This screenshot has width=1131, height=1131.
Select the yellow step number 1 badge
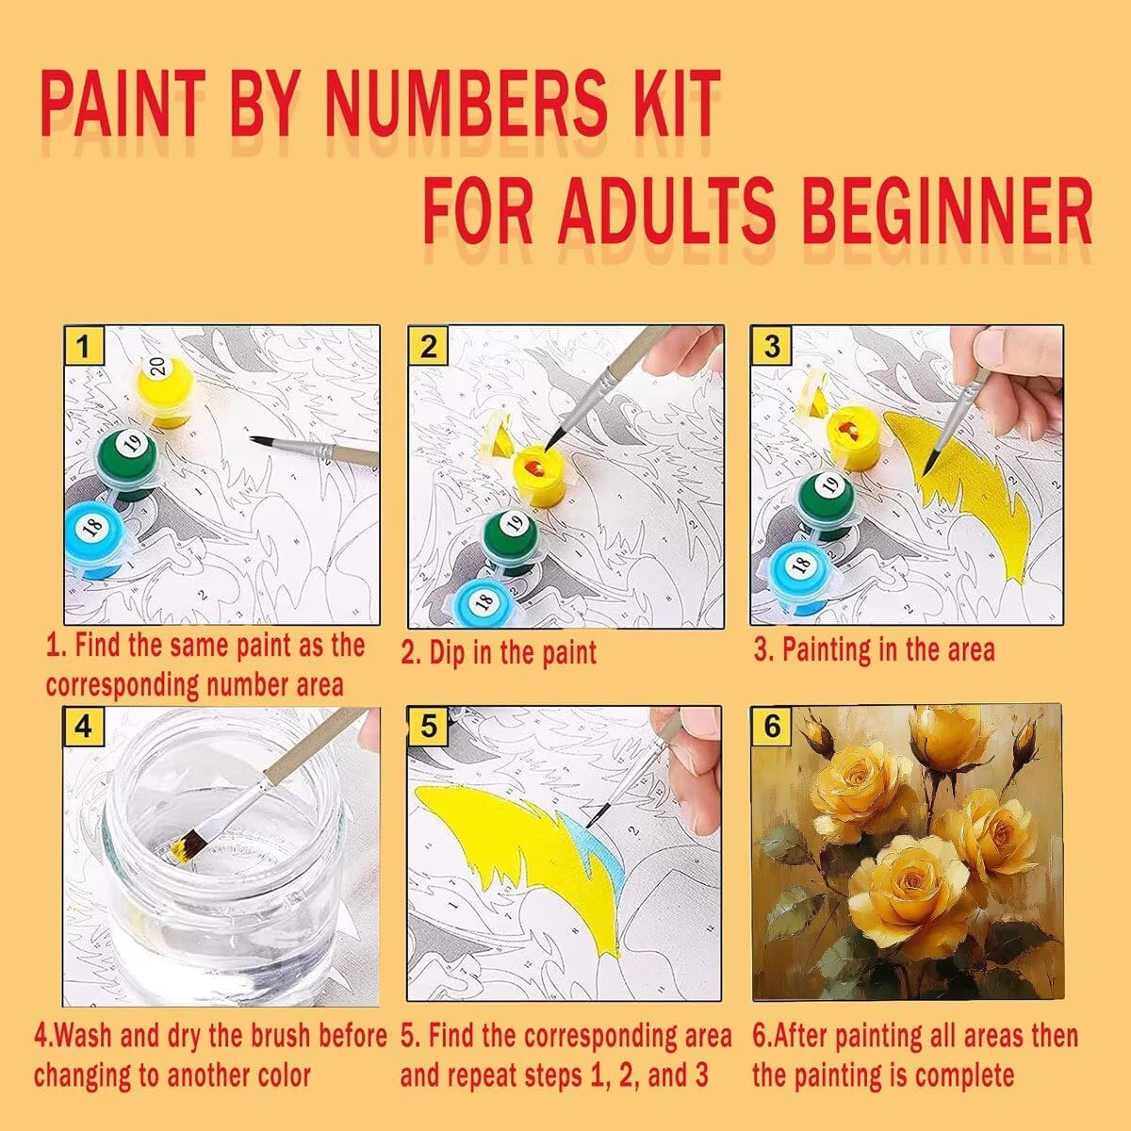pos(83,346)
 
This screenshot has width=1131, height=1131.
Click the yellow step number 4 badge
pos(83,727)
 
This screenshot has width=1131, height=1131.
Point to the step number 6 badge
pos(771,726)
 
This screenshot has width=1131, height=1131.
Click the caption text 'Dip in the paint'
pos(512,653)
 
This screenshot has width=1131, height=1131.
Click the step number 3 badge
pos(771,346)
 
